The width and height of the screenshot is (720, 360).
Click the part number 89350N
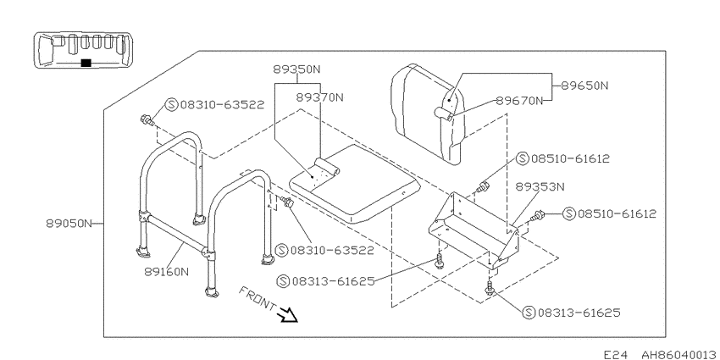coord(296,69)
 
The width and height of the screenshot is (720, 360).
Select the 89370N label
coord(319,97)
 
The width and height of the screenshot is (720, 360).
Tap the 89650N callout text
coord(584,86)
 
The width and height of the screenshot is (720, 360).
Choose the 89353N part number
coord(540,187)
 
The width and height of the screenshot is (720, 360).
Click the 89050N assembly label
coord(69,224)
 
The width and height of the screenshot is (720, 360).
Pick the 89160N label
coord(166,271)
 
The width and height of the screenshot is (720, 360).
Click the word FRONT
coord(258,299)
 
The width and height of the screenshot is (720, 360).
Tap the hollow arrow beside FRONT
coord(288,315)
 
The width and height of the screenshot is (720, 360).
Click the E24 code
coord(615,354)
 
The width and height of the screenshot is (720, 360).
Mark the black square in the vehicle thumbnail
coord(86,63)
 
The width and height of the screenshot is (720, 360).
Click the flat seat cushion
coord(354,185)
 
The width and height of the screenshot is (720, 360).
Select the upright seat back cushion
coord(428,114)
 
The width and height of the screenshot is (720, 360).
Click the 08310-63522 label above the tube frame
coord(215,105)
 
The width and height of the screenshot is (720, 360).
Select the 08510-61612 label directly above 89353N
coord(563,159)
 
